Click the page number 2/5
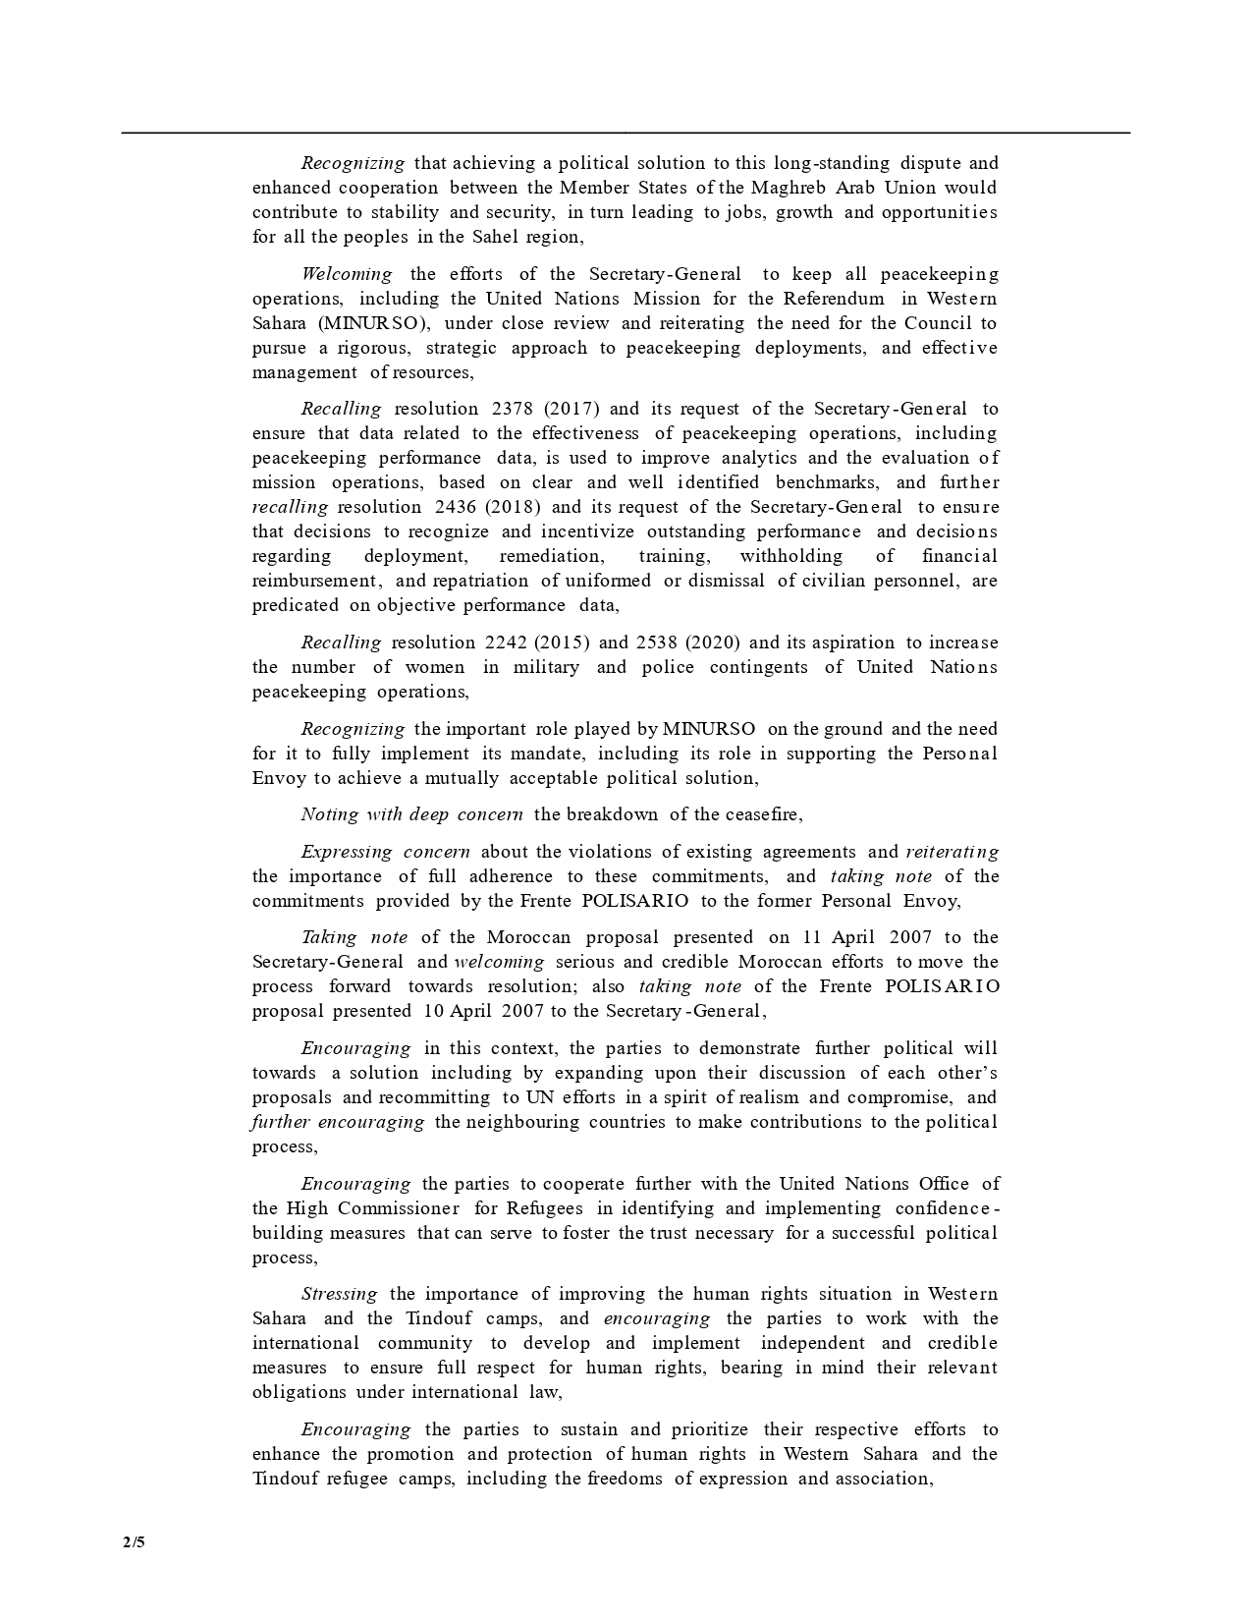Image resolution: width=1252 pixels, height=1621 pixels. pos(134,1541)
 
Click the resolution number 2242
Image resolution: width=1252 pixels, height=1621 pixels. pos(507,643)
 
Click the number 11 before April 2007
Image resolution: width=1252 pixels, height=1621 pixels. pos(811,937)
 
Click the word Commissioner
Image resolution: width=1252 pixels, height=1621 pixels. pos(398,1208)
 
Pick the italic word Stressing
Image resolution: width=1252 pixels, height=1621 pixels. pos(339,1294)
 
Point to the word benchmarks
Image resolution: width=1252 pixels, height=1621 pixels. pos(830,482)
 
